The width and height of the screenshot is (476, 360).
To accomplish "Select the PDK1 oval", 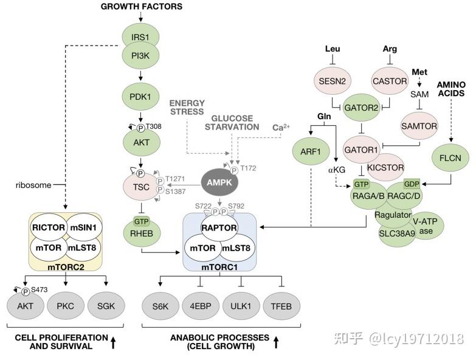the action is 140,97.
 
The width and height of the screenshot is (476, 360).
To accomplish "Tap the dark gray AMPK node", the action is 219,182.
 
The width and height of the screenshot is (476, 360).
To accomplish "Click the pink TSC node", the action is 141,187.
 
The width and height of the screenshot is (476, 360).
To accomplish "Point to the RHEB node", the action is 142,234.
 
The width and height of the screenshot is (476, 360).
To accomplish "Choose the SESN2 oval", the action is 332,81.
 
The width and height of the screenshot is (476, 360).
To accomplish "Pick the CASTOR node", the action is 390,81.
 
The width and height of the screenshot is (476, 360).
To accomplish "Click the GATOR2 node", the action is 361,108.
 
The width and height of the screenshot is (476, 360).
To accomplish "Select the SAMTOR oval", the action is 419,126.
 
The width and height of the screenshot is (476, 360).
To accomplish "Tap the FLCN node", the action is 450,157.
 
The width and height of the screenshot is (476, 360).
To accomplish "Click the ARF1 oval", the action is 311,151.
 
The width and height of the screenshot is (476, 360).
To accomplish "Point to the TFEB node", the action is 281,306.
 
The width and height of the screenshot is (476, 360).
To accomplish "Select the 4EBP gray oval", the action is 201,306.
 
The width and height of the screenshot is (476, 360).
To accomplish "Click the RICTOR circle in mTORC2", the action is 49,227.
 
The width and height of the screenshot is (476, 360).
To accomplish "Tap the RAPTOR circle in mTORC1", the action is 219,227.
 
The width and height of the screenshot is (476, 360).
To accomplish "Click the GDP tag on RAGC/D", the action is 412,184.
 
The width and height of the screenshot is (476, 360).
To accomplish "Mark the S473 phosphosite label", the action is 39,289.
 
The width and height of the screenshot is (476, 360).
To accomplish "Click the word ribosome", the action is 33,185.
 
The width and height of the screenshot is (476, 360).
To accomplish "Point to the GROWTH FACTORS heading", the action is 142,6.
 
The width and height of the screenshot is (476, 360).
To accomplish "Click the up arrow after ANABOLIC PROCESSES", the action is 276,342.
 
